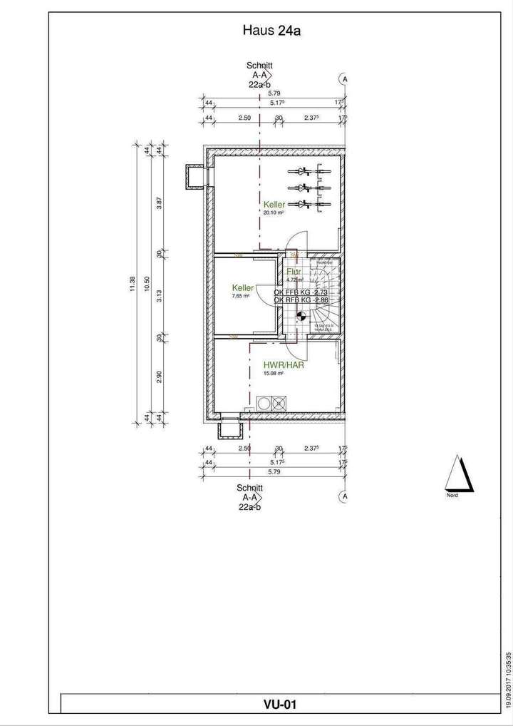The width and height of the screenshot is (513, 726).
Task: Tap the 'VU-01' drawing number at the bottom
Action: [x=280, y=705]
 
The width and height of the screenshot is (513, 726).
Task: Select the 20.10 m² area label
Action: [x=274, y=213]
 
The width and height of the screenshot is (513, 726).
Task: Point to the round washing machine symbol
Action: [x=265, y=403]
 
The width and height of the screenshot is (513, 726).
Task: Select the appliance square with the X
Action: [x=279, y=403]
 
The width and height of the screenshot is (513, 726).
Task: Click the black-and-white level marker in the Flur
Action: [x=301, y=317]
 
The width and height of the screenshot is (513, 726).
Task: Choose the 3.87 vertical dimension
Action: [x=160, y=204]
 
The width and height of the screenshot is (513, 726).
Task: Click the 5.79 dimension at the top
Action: [x=273, y=93]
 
